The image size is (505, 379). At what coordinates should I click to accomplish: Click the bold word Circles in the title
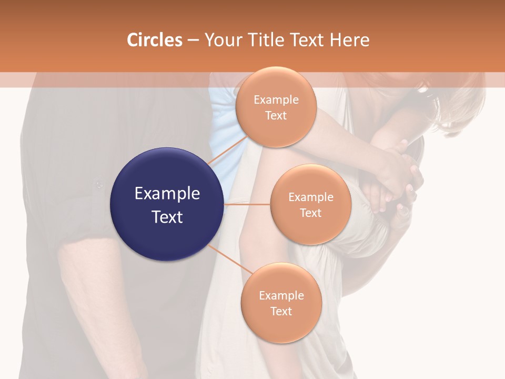click(154, 40)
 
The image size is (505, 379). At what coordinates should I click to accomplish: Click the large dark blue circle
click(167, 204)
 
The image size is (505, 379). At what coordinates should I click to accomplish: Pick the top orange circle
click(276, 107)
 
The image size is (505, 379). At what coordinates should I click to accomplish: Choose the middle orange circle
click(310, 204)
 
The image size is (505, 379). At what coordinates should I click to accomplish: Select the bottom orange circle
click(281, 303)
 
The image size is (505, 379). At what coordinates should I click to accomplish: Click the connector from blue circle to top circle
click(227, 149)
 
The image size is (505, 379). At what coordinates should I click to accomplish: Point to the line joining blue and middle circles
click(247, 204)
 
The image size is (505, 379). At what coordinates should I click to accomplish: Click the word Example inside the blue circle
click(167, 194)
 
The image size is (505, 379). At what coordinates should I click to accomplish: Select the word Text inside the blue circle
click(167, 216)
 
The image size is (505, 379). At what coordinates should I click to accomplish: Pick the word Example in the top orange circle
click(276, 99)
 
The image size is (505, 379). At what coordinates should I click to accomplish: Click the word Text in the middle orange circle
click(310, 213)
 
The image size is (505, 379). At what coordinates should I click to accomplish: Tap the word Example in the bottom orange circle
click(281, 295)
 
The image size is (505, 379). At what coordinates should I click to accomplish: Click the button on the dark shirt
click(98, 184)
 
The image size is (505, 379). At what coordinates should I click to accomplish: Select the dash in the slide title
click(193, 41)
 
